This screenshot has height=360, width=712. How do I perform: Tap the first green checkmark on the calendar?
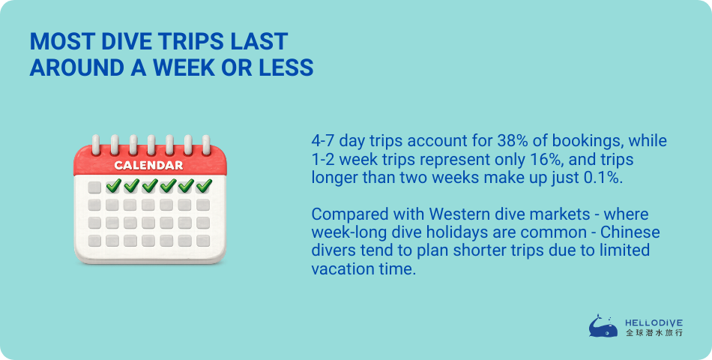click(113, 185)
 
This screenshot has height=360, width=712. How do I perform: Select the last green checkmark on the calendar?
click(205, 185)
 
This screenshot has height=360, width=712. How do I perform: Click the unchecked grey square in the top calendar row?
click(94, 187)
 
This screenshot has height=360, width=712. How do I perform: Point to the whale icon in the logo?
click(603, 326)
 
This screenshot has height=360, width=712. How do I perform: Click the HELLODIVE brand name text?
click(654, 322)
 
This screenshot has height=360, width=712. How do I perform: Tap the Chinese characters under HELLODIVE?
click(654, 333)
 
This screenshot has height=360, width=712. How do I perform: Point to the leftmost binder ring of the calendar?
click(96, 145)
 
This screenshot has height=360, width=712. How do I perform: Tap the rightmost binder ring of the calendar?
click(206, 145)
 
